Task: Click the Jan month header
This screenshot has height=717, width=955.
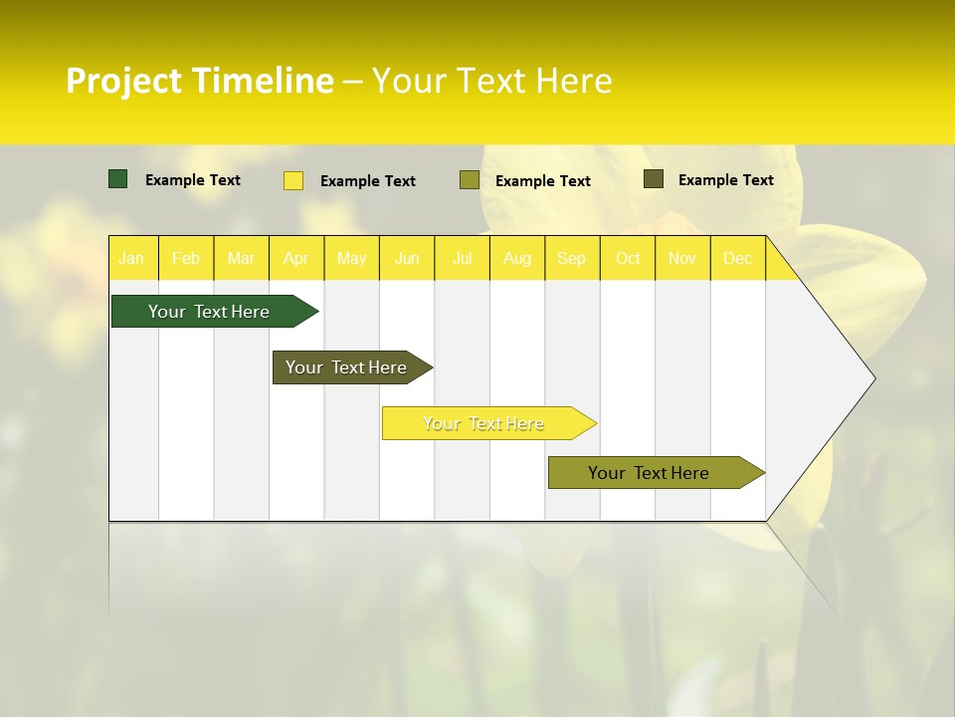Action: pos(131,259)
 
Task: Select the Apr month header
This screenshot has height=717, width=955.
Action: pos(295,259)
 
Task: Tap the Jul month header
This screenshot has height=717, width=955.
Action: pos(462,259)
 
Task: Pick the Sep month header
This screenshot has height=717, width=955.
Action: pos(571,259)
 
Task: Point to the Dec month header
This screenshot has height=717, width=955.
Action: pos(737,259)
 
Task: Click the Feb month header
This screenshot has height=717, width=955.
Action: pos(186,259)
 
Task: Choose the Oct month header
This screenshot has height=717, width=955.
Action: pos(628,259)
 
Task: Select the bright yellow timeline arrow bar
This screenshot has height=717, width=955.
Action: pos(484,423)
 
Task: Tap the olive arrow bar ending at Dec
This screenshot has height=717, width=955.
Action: pos(650,473)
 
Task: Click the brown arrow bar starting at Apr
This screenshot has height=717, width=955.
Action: pos(347,367)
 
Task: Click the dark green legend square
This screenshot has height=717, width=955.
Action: pos(118,179)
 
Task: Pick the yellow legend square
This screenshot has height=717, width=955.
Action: pos(293,180)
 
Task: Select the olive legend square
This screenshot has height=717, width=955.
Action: pos(470,180)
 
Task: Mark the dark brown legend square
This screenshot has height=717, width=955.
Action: pos(654,179)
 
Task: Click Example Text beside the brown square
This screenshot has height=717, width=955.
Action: pos(725,180)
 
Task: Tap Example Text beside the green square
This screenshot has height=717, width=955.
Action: pos(192,180)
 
